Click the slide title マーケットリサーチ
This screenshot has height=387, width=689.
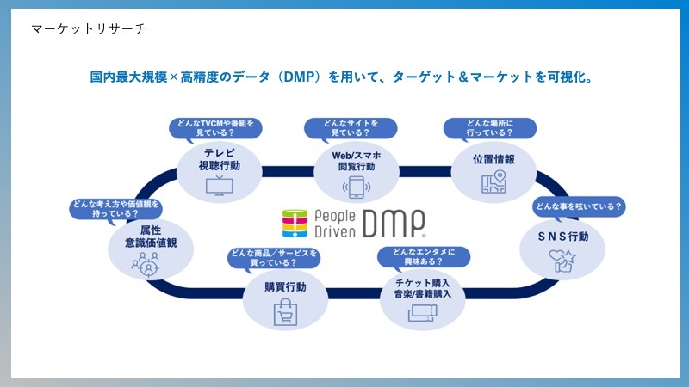coord(88,29)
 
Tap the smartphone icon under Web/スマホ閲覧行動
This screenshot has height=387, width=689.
coord(356,187)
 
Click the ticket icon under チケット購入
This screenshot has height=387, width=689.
coord(423,314)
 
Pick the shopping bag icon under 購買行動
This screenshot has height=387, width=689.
coord(285,314)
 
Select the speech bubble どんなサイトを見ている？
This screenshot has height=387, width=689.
coord(351,128)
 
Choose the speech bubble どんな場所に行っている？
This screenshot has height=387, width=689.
coord(488,128)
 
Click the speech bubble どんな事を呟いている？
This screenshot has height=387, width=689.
coord(579,206)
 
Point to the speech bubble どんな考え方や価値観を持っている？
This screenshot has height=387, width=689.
coord(117,209)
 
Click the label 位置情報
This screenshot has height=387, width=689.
coord(494,159)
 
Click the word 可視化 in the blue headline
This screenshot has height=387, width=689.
coord(562,77)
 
